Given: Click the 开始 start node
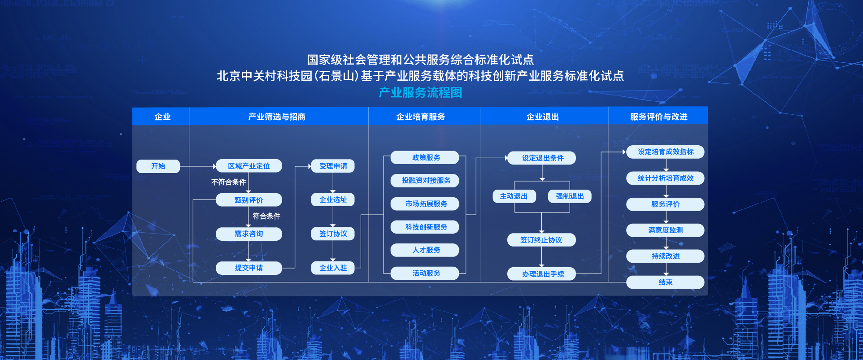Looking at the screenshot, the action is (158, 166).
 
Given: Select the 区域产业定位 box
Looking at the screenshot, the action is (249, 166).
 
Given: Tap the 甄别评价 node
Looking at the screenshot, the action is (249, 200).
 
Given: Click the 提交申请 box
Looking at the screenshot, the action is (249, 268).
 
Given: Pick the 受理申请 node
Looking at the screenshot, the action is (333, 166).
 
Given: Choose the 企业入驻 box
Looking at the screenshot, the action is (333, 268).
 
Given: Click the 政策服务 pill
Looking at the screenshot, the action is (425, 157).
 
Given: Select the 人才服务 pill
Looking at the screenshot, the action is (425, 250).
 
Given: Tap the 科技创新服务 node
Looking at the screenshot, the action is (425, 227).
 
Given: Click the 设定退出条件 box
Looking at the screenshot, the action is (541, 158).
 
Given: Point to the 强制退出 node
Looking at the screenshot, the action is (570, 196).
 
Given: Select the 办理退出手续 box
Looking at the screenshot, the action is (541, 274).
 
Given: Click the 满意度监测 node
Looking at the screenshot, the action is (665, 230).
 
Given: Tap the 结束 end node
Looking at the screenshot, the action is (665, 282).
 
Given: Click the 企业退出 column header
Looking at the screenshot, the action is (543, 117).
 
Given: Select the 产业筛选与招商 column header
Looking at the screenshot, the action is (277, 117).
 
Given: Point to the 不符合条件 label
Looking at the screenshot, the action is (228, 182).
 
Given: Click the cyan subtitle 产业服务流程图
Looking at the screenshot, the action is (420, 92).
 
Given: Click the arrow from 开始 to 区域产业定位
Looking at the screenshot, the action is (198, 166).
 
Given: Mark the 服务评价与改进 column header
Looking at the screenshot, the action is (658, 117).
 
